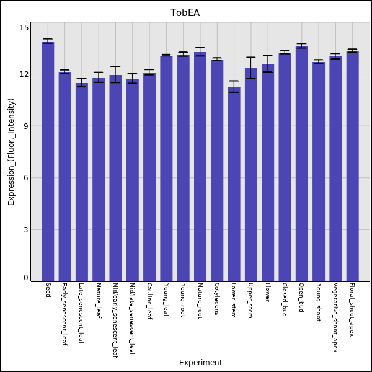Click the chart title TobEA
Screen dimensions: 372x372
coord(185,13)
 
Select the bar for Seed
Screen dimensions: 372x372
coord(48,161)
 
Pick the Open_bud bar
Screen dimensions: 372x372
coord(301,164)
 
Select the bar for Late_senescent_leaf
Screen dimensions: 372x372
coord(82,182)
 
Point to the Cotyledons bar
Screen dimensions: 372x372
coord(217,170)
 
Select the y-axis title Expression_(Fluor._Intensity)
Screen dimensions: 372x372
coord(11,152)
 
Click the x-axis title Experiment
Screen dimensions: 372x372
coord(200,363)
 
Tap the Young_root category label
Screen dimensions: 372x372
coord(183,300)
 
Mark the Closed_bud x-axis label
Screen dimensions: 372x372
coord(285,299)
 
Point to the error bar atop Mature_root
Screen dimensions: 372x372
coord(200,52)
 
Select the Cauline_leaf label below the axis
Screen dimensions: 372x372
coord(149,301)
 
